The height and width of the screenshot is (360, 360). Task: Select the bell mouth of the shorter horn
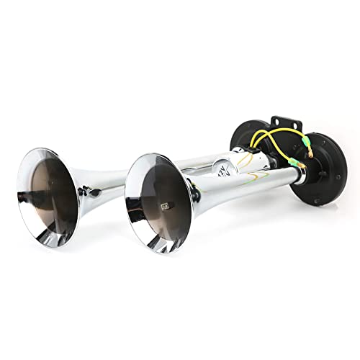click(x=156, y=202)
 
